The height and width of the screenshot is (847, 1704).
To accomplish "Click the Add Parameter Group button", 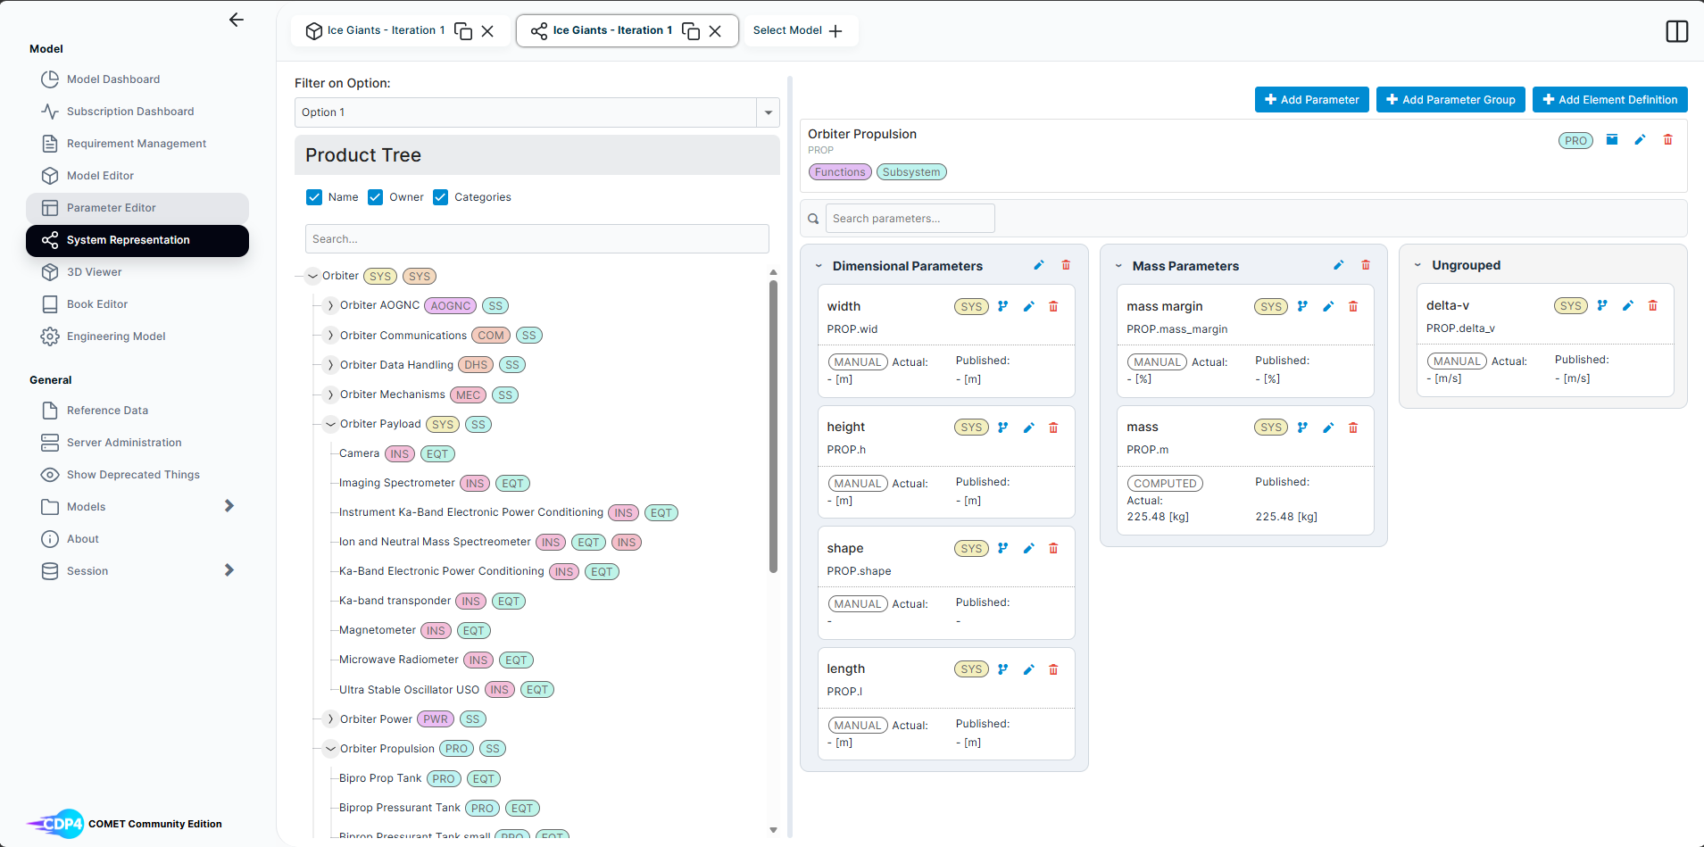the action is pyautogui.click(x=1450, y=100).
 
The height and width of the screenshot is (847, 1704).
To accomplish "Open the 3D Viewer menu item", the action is pyautogui.click(x=94, y=272).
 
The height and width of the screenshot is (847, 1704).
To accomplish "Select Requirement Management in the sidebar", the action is pyautogui.click(x=136, y=144).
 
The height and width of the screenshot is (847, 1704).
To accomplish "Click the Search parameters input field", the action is pyautogui.click(x=910, y=219).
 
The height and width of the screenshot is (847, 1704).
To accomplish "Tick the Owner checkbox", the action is pyautogui.click(x=376, y=197).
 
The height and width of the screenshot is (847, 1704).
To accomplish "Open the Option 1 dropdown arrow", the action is pyautogui.click(x=768, y=112).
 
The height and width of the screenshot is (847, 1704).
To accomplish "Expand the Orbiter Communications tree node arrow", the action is pyautogui.click(x=330, y=336).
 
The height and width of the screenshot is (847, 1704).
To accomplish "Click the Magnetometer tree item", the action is pyautogui.click(x=378, y=630).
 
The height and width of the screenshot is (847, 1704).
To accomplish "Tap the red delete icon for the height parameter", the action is pyautogui.click(x=1053, y=428).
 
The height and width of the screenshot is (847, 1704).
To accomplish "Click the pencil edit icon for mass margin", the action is pyautogui.click(x=1328, y=307).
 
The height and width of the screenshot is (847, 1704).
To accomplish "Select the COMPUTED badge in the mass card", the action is pyautogui.click(x=1165, y=484).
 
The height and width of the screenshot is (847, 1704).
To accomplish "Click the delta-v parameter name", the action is pyautogui.click(x=1448, y=305).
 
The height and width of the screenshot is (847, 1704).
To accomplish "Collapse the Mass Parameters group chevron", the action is pyautogui.click(x=1118, y=266).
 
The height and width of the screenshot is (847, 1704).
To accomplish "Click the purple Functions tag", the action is pyautogui.click(x=840, y=172).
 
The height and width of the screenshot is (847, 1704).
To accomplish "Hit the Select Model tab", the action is pyautogui.click(x=797, y=30).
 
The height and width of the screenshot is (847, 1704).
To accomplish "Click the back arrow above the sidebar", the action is pyautogui.click(x=237, y=20).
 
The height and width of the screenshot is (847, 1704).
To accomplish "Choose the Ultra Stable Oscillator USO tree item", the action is pyautogui.click(x=409, y=690).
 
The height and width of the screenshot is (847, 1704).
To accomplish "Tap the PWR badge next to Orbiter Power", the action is pyautogui.click(x=436, y=719).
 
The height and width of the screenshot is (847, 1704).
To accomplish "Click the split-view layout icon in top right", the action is pyautogui.click(x=1676, y=31).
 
